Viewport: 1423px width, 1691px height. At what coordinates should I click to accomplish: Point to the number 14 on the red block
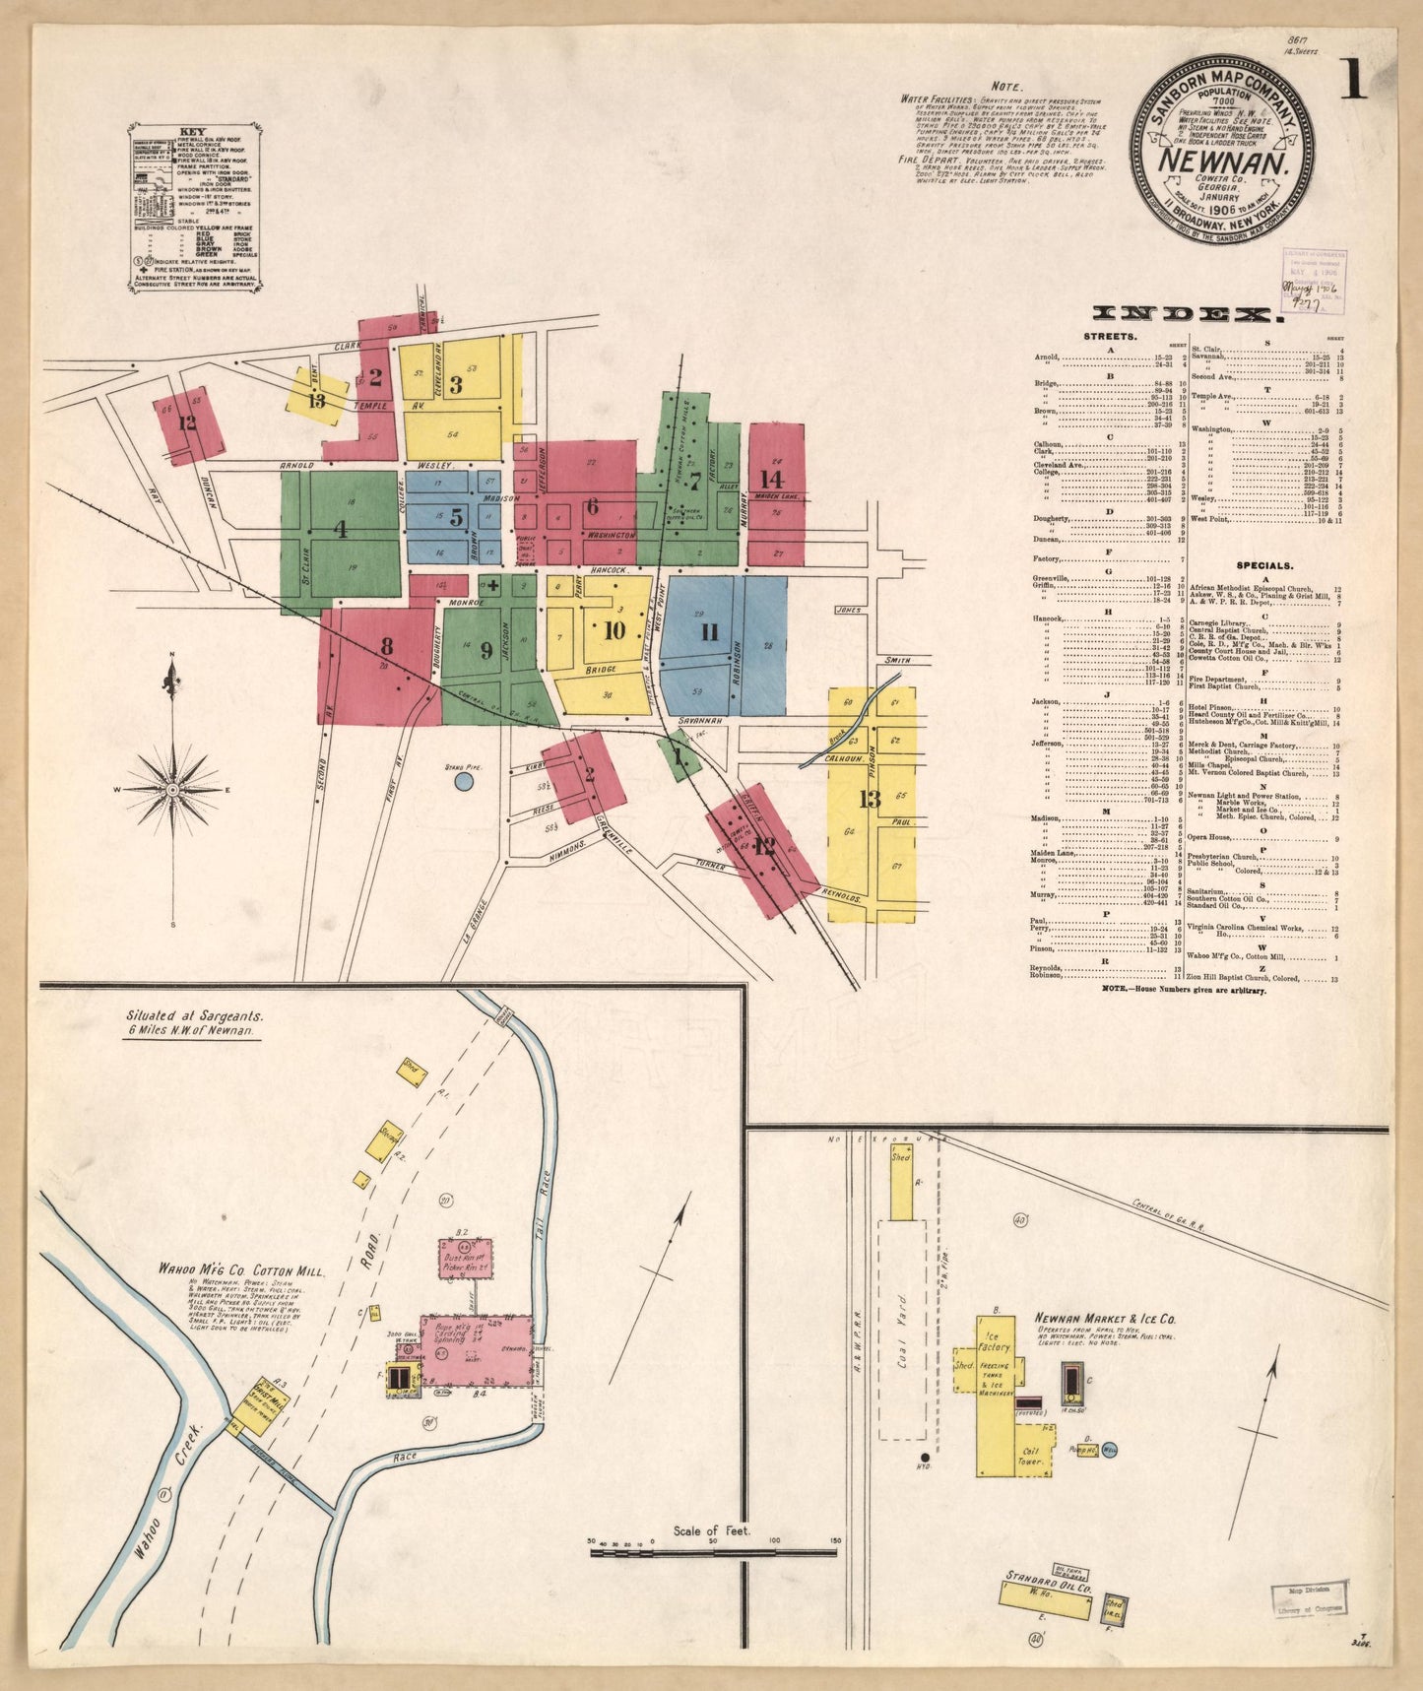point(771,479)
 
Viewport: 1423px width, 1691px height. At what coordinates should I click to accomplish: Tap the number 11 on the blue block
point(708,632)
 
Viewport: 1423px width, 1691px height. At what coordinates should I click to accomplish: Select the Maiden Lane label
point(785,497)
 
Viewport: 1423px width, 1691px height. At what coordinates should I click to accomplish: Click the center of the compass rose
point(173,790)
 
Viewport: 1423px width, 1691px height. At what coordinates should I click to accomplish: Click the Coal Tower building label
point(1030,1463)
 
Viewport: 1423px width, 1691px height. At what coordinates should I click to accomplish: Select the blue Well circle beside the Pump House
point(1110,1450)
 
